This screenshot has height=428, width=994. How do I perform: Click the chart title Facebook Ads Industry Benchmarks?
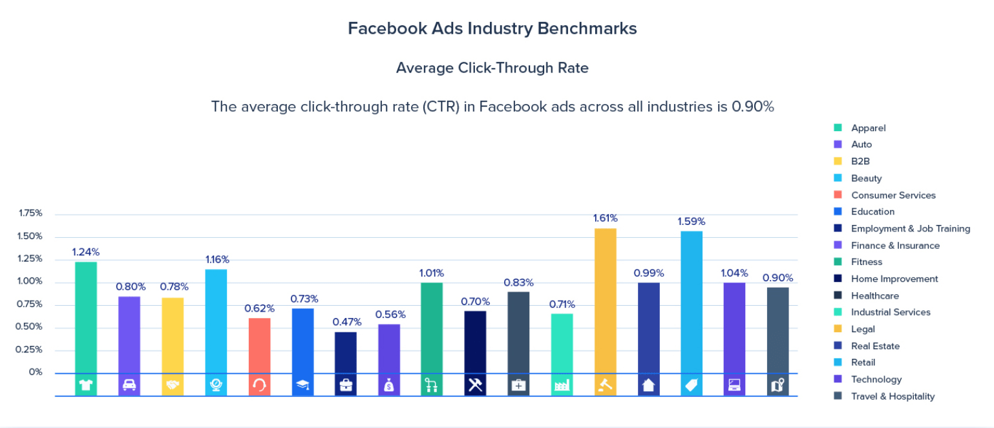pos(492,28)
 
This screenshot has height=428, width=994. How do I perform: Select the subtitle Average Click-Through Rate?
pos(492,68)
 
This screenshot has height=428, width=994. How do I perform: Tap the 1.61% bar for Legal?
pos(606,301)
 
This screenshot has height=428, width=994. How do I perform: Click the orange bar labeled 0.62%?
pos(259,345)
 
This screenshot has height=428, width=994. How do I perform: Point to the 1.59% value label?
pos(691,221)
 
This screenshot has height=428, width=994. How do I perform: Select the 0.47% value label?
pos(346,322)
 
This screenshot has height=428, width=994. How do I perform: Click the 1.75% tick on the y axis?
pos(30,213)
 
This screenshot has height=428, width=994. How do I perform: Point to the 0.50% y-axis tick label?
pos(30,327)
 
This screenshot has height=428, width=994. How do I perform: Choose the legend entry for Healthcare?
pos(874,295)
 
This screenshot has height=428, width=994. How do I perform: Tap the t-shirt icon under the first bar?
pos(86,385)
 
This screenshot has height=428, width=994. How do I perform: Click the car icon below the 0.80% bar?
pos(129,385)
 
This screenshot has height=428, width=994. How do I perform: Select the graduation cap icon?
pos(302,385)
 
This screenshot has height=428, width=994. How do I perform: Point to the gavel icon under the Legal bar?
pos(606,385)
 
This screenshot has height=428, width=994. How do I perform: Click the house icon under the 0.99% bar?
pos(649,385)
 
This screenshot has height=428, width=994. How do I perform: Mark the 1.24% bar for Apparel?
pos(86,317)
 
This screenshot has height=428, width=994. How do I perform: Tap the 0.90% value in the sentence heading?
pos(752,107)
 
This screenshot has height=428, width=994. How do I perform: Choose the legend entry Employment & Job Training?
pos(910,228)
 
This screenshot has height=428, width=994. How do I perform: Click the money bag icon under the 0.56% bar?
pos(389,385)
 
